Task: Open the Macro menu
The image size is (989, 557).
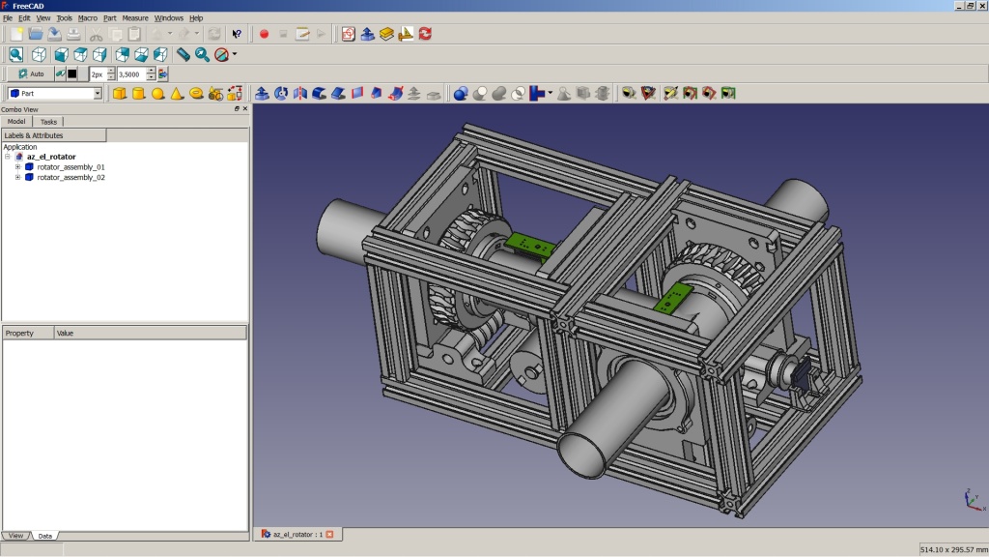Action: pos(87,17)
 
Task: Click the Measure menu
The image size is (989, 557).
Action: pos(135,17)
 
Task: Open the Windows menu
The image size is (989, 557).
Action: pos(168,17)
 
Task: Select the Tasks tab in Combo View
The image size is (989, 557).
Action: pos(48,122)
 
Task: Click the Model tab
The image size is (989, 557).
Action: pos(16,122)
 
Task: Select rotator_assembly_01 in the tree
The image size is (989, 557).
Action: pos(71,167)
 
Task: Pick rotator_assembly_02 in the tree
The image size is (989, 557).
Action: pos(71,178)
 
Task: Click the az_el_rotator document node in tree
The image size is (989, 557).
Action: pos(51,157)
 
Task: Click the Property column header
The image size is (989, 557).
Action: pos(27,333)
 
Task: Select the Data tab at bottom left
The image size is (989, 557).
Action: pos(45,536)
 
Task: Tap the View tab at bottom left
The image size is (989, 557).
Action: pos(16,536)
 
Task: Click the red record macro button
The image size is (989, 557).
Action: pos(264,34)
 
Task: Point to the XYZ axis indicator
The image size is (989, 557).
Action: pos(973,500)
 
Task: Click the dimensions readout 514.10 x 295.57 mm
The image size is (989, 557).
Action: pos(952,549)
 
